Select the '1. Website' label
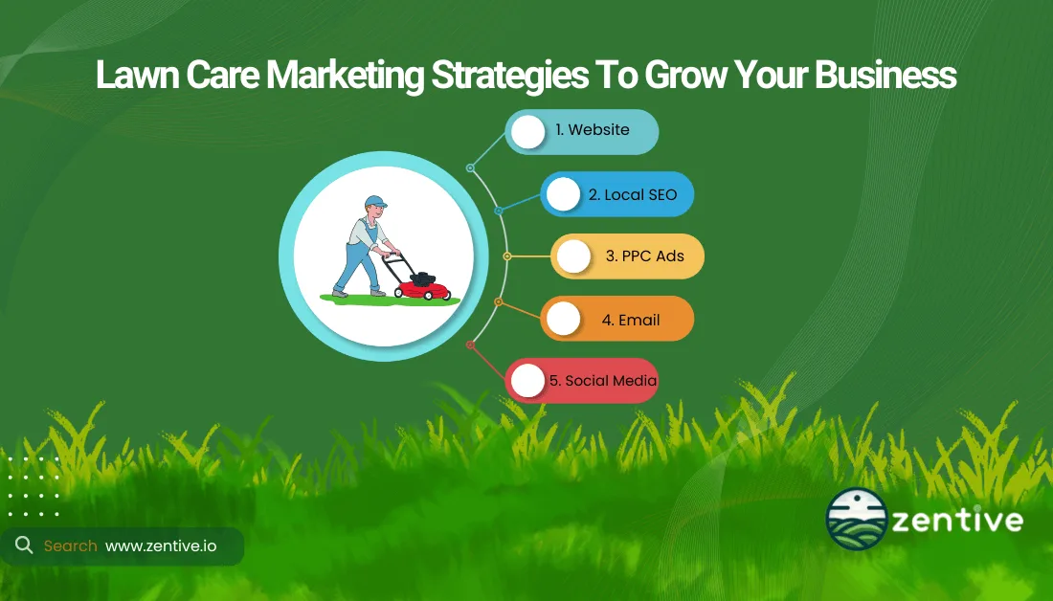pyautogui.click(x=593, y=130)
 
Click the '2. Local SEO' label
pyautogui.click(x=633, y=194)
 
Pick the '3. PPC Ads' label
pyautogui.click(x=645, y=256)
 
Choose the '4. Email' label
pyautogui.click(x=631, y=320)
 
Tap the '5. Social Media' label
pyautogui.click(x=603, y=381)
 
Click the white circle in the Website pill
pyautogui.click(x=527, y=131)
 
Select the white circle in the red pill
pyautogui.click(x=527, y=381)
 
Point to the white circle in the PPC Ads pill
pyautogui.click(x=573, y=256)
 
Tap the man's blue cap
pyautogui.click(x=375, y=203)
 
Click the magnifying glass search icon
pyautogui.click(x=23, y=545)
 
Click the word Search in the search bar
pyautogui.click(x=71, y=545)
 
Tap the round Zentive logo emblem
pyautogui.click(x=855, y=522)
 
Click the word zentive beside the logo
pyautogui.click(x=957, y=522)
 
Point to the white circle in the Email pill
pyautogui.click(x=564, y=319)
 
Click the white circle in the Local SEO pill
pyautogui.click(x=564, y=194)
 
